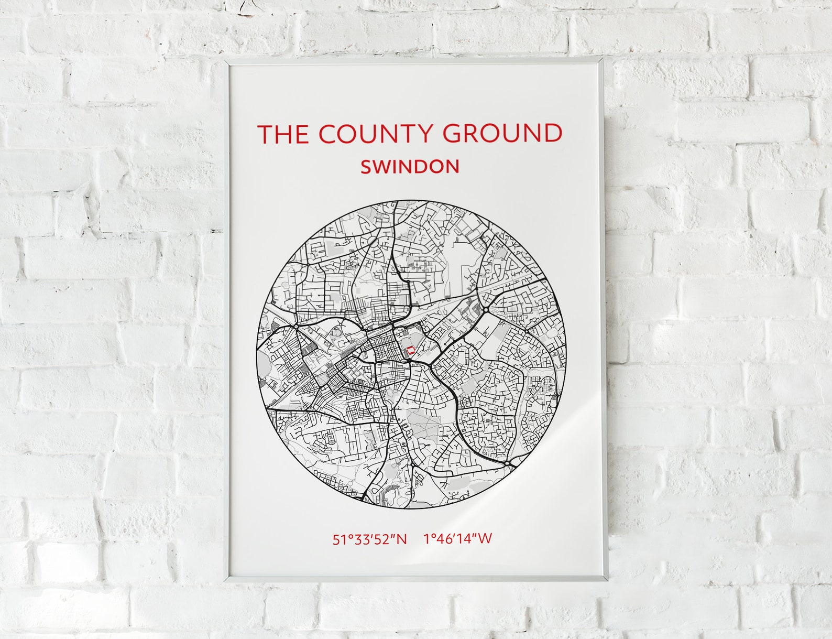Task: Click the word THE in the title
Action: (x=282, y=134)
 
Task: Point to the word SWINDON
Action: (x=410, y=167)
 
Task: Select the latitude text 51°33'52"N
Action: (x=369, y=539)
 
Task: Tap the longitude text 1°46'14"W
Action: (x=458, y=539)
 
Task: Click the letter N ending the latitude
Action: (x=401, y=539)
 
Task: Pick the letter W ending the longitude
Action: (x=485, y=539)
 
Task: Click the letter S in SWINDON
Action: (x=366, y=167)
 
